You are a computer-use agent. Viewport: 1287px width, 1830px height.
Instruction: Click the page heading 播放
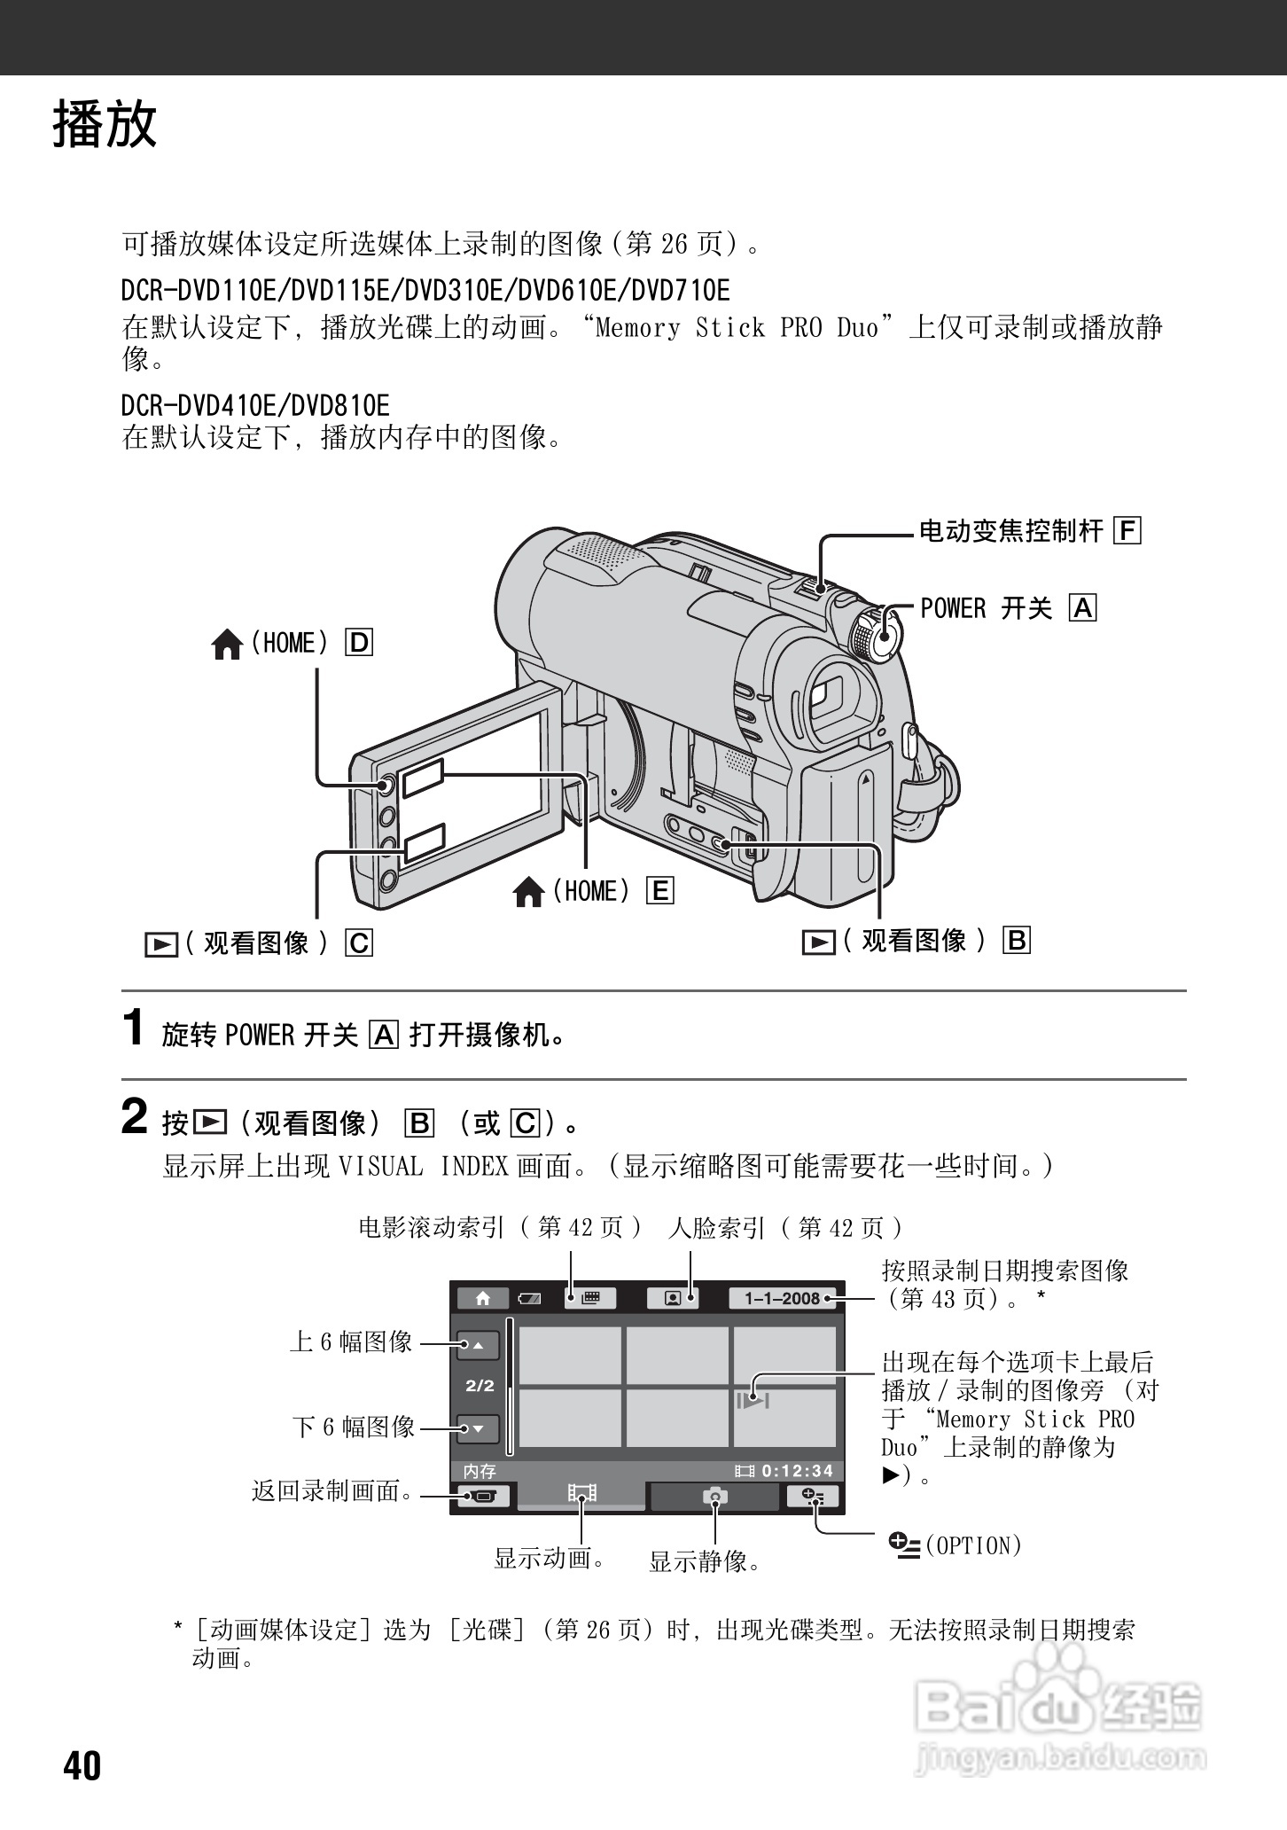(105, 123)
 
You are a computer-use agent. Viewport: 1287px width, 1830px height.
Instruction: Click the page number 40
(82, 1765)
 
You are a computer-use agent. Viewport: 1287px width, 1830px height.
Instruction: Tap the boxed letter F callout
(1127, 531)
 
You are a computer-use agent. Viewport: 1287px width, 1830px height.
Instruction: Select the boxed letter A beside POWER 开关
(1083, 608)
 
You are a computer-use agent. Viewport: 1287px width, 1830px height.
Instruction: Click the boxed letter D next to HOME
(360, 642)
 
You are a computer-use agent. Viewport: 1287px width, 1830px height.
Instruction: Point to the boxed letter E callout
(660, 890)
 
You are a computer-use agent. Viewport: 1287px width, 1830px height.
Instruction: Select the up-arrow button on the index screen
(478, 1345)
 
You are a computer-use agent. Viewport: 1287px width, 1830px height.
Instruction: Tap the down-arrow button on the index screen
(478, 1428)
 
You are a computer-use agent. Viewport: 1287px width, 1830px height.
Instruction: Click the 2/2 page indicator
(480, 1386)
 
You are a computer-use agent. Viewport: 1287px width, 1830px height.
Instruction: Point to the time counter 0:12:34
(796, 1471)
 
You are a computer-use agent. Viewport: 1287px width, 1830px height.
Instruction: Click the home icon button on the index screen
(483, 1298)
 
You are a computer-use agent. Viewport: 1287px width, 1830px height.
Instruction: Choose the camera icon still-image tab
(714, 1497)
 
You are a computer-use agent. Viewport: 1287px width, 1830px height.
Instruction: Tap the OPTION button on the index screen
(812, 1497)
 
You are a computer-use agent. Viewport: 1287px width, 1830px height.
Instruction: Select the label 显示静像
(705, 1561)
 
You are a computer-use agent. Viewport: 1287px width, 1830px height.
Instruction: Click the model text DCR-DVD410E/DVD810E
(255, 406)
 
